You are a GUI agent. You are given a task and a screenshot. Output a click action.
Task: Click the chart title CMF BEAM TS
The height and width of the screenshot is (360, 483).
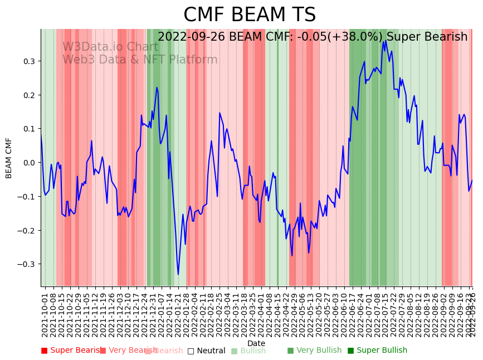point(250,15)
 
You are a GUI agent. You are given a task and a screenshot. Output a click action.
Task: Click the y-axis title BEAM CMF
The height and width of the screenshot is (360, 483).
point(9,158)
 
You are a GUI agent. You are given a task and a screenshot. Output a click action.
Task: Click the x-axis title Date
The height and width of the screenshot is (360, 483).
point(256,343)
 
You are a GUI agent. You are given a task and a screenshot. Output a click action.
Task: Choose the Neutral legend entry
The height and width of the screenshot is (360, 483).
point(206,351)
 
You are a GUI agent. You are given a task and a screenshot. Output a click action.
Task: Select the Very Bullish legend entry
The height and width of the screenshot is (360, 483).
point(314,351)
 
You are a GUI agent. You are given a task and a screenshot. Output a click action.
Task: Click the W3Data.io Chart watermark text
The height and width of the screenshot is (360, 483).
point(110,47)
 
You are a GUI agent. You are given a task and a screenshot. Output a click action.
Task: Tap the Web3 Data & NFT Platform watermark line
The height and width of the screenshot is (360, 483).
point(140,60)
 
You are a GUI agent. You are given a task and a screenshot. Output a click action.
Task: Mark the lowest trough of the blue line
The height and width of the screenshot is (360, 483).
point(178,274)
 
